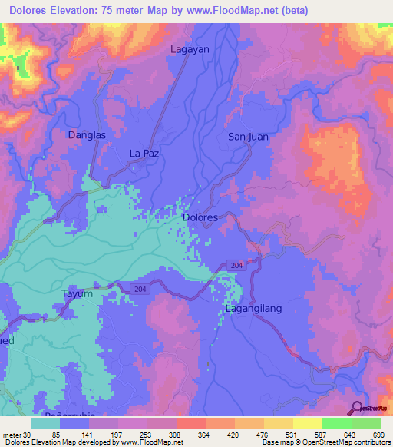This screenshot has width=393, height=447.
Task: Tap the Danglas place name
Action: click(86, 134)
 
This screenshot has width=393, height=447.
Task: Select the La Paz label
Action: click(144, 154)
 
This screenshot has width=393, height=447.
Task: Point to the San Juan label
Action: click(248, 137)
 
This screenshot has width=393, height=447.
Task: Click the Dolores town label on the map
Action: click(200, 217)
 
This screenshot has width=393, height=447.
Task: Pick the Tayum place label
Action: click(77, 293)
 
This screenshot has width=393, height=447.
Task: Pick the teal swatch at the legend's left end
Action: click(46, 423)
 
